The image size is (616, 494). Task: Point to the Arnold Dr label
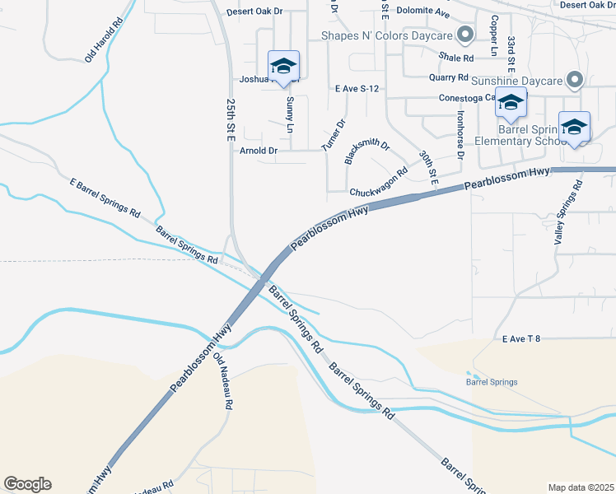click(259, 151)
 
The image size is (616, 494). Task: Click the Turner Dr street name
click(334, 135)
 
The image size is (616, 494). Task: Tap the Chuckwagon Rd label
click(379, 184)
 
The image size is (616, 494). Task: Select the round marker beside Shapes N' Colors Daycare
click(465, 35)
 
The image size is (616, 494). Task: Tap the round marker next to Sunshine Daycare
click(575, 80)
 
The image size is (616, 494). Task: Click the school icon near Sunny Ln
click(283, 66)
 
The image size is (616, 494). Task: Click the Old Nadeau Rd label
click(223, 383)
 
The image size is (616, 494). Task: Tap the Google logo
click(27, 484)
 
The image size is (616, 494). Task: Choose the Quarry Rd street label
click(449, 77)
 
